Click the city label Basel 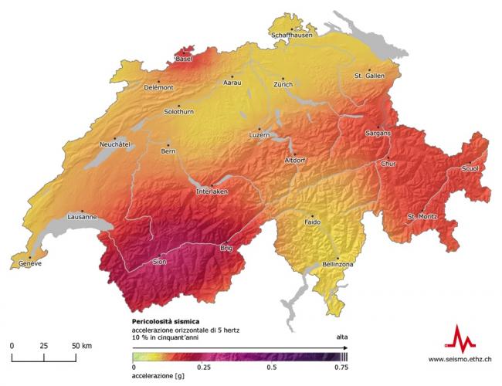[184, 59]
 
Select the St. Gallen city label [369, 76]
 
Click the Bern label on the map [168, 151]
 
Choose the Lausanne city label [82, 218]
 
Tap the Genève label [25, 264]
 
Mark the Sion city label [160, 262]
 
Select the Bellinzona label [337, 264]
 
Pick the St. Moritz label [423, 215]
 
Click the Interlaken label [212, 191]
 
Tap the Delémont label [158, 87]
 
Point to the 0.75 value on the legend [341, 368]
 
